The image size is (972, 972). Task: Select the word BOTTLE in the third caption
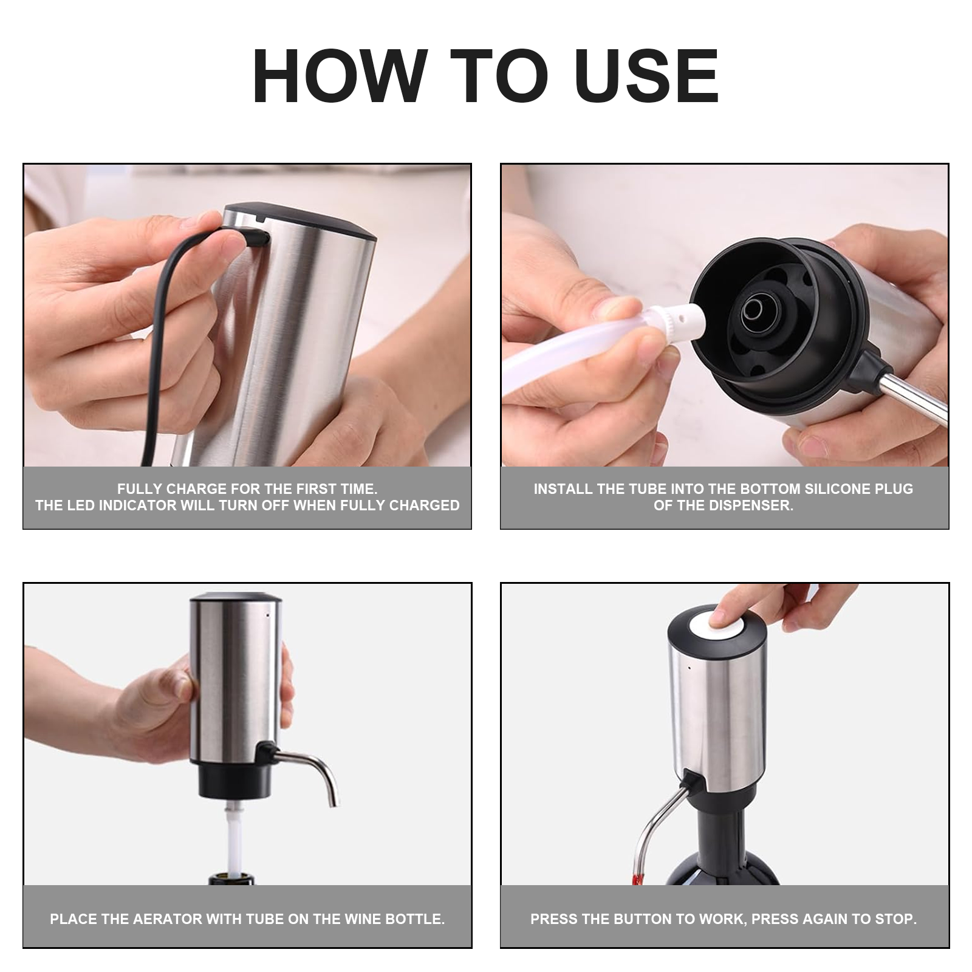click(419, 919)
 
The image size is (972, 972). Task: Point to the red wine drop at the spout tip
click(637, 879)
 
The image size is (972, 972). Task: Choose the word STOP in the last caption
click(897, 919)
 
